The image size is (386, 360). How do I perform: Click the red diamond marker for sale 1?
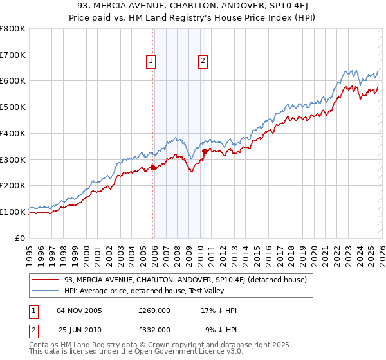153,167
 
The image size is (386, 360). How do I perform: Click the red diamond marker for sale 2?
205,151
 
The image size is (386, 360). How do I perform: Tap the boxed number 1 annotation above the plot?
151,61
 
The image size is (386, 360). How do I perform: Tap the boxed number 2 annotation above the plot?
202,61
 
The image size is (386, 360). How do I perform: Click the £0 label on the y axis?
21,238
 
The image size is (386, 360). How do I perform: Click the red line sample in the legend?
46,280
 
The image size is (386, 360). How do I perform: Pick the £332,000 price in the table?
154,329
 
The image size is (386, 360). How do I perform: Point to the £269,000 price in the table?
154,310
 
